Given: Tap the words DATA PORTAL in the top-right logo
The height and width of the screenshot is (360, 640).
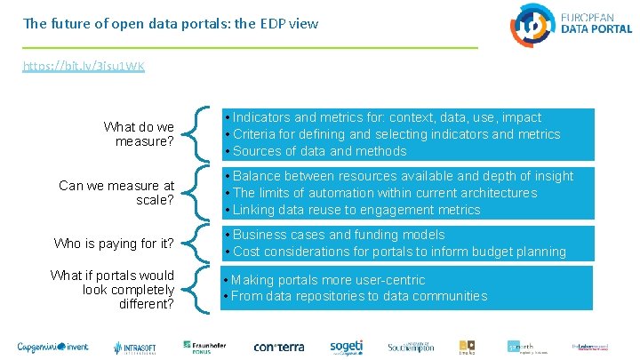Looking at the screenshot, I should point(596,28).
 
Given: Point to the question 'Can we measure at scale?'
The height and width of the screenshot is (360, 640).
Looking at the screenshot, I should point(116,193).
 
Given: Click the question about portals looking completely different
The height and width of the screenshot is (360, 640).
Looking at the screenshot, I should point(124,290).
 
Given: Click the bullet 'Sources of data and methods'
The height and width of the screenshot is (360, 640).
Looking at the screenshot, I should point(307,151).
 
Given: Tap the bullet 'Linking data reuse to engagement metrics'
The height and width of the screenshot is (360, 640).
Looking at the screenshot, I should point(356,210).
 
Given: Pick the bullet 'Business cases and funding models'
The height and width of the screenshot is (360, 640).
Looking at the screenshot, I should point(338,235).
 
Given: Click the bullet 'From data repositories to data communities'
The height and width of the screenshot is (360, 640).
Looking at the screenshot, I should point(359,296).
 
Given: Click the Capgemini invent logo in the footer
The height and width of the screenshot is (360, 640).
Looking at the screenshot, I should point(56,346).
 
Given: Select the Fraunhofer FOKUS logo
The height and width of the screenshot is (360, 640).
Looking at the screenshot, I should point(199,346).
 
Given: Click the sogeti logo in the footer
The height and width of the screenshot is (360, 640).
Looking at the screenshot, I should point(347,346).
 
